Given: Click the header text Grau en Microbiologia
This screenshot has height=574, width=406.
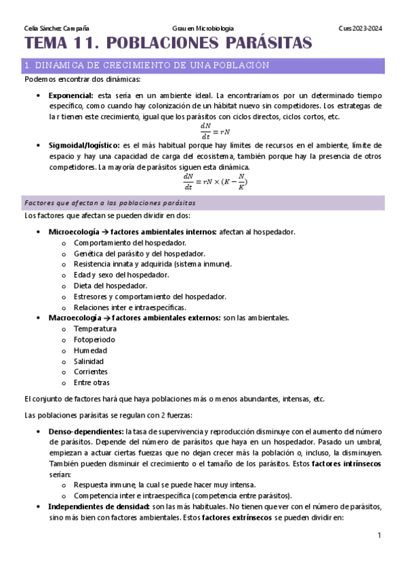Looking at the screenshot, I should pos(203,28).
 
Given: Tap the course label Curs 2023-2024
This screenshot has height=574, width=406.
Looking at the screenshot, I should pos(360,28).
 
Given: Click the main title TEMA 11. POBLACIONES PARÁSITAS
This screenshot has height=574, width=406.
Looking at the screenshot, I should pos(168,44).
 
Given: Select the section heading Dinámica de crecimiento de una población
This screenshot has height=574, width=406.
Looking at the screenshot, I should pos(146,65).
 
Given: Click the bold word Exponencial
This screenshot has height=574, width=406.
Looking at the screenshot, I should pos(71,96).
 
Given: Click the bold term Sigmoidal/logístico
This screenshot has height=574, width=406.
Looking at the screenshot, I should pos(84,145).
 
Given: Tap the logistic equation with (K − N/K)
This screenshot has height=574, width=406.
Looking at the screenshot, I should pos(215,181).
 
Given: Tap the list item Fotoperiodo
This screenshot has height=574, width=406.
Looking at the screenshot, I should pos(94,339).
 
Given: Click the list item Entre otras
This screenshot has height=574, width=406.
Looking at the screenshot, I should pos(92,382).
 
